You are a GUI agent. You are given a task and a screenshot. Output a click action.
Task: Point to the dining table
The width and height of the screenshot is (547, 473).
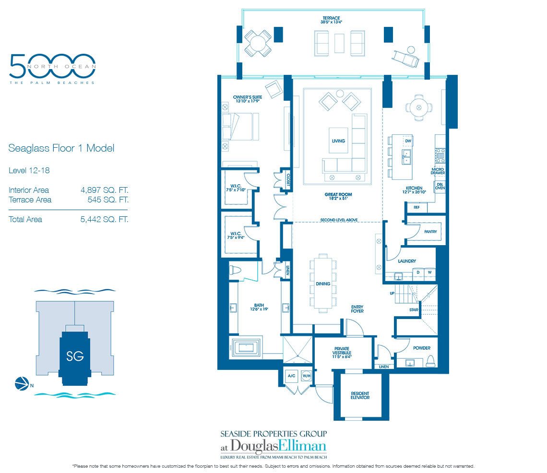tap(323, 284)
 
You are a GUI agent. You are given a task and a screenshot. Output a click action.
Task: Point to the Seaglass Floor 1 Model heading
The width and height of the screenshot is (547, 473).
tap(61, 148)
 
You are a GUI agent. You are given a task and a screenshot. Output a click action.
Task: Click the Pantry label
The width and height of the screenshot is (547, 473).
tap(430, 231)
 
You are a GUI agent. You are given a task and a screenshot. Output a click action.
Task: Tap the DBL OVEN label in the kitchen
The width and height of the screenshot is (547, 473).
tap(440, 186)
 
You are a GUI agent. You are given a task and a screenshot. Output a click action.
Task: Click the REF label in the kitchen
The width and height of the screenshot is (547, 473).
tap(416, 207)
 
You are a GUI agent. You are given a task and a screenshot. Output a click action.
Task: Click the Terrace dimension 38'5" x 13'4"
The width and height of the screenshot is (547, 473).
tap(334, 22)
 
